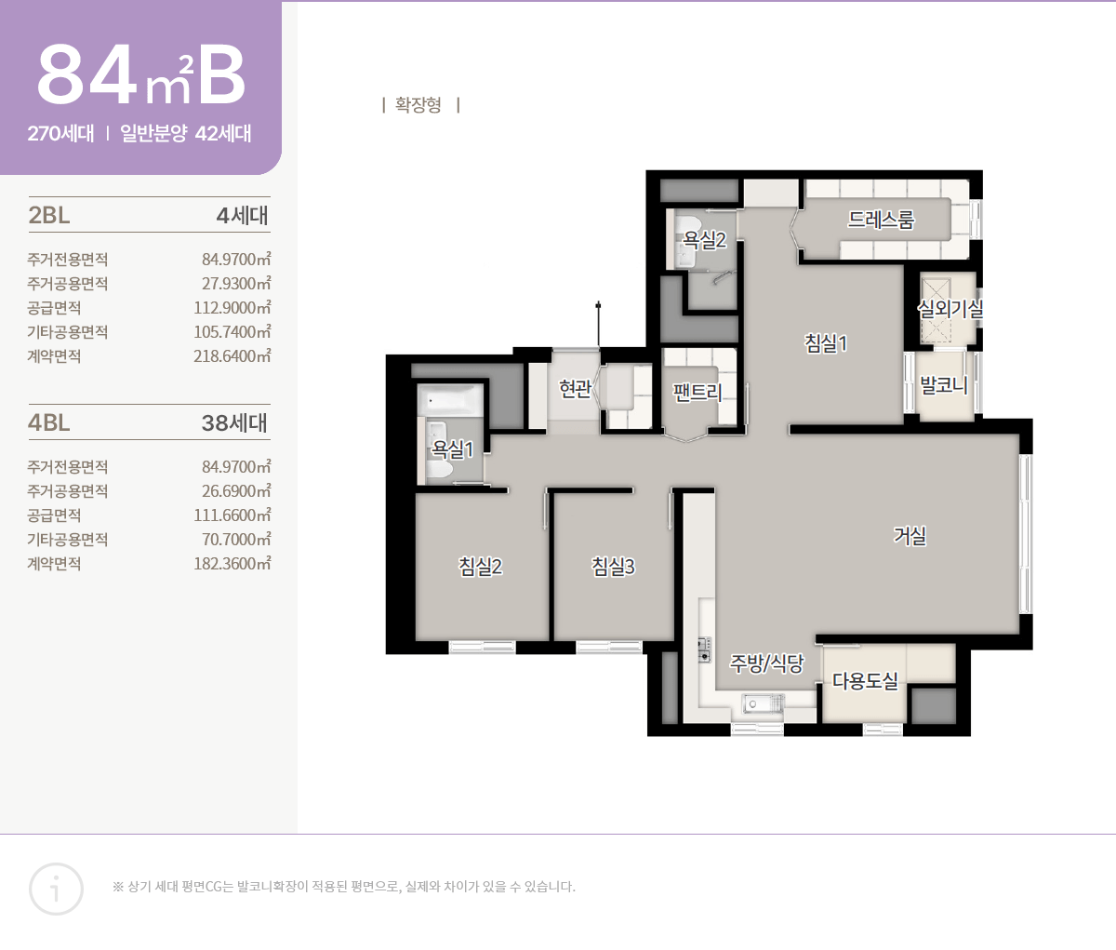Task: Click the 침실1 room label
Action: (x=826, y=343)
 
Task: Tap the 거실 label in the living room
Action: (x=910, y=535)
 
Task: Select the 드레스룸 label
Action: (x=881, y=220)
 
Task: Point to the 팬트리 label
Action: (x=697, y=392)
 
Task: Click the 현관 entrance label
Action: (x=575, y=388)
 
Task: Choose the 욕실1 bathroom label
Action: (x=452, y=448)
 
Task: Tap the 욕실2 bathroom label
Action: (x=704, y=239)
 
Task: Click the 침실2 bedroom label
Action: (x=480, y=566)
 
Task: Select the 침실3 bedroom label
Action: (x=613, y=566)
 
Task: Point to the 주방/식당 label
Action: (x=766, y=663)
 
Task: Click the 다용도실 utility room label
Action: (x=865, y=680)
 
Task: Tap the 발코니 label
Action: (x=944, y=384)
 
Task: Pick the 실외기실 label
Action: (x=950, y=308)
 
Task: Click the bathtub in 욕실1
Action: (x=450, y=400)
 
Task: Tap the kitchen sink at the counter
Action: (x=763, y=703)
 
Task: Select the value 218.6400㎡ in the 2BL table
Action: (x=232, y=356)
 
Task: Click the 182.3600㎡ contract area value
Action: (x=232, y=563)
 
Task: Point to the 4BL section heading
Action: (x=49, y=422)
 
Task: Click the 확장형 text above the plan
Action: (x=418, y=104)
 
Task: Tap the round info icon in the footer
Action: (x=56, y=889)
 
